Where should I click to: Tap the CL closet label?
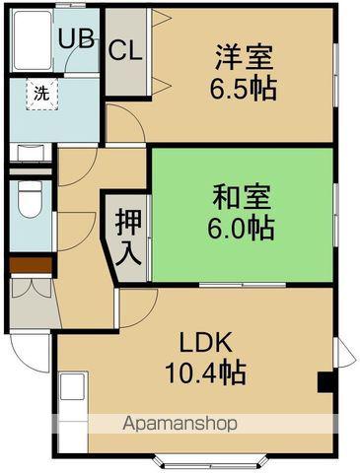124,50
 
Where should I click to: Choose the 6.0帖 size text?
241,228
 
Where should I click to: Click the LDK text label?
204,343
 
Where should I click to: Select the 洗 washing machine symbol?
40,95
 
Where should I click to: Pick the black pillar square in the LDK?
324,382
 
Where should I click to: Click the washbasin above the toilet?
29,152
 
